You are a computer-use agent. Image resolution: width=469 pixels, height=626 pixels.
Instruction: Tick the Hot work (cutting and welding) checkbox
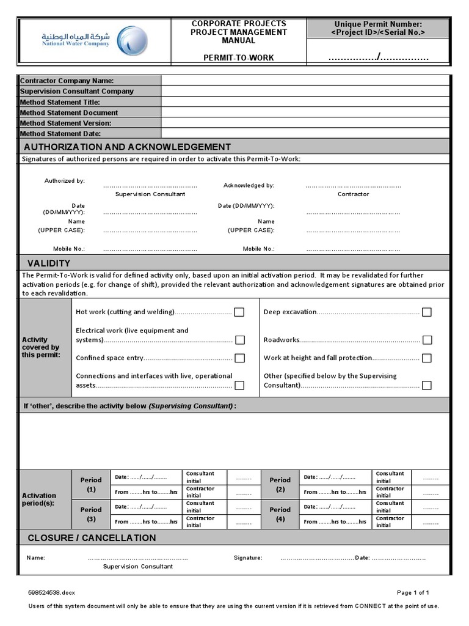239,312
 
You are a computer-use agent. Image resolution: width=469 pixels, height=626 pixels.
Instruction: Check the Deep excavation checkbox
427,312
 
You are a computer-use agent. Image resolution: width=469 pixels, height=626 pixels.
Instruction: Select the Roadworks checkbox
427,340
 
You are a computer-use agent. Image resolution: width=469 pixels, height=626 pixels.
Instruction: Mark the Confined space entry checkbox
239,358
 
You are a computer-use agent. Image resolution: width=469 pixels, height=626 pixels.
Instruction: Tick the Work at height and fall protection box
427,358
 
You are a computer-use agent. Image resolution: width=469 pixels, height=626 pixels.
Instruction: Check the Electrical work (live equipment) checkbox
239,340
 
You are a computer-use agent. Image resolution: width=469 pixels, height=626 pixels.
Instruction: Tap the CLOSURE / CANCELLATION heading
92,538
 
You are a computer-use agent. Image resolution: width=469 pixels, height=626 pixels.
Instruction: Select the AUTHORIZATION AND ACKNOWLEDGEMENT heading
127,147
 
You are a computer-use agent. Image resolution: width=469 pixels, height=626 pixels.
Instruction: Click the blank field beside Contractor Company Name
305,81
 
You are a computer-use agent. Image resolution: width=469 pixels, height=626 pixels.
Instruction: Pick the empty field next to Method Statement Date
305,133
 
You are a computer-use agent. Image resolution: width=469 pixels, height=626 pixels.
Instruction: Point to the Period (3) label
91,514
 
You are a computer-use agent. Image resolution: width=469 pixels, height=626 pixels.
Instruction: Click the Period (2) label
280,484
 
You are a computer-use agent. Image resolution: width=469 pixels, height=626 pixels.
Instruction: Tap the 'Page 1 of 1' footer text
413,592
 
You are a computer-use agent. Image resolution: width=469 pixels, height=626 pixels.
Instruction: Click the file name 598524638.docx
51,592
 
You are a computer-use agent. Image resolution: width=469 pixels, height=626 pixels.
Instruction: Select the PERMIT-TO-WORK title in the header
238,57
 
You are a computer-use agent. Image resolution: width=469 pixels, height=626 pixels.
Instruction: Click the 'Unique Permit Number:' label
378,24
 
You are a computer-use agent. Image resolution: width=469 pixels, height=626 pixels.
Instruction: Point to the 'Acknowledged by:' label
249,185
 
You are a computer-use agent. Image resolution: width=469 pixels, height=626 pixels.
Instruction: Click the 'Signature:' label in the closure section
248,558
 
